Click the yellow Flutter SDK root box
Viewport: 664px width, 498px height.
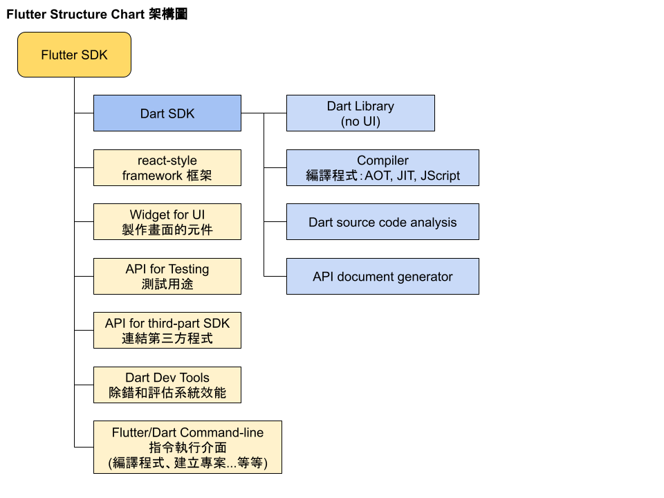[74, 55]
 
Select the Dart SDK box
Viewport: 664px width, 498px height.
[167, 113]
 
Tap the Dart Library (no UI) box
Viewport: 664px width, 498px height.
[360, 113]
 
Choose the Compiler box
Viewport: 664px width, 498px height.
[382, 167]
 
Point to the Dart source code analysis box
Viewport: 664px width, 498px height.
[382, 222]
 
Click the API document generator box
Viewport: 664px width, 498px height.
[382, 277]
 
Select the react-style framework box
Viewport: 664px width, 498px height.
[167, 167]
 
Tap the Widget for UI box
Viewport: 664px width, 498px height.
[167, 222]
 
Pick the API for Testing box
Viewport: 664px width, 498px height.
[167, 277]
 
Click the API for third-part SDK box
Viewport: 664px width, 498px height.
[167, 330]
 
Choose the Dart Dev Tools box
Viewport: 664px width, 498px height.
[167, 385]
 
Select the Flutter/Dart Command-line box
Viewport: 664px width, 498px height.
[187, 447]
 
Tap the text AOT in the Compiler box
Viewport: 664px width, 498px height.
[378, 176]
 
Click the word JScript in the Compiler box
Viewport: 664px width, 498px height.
[439, 176]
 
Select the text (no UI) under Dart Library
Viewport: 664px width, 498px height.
[360, 121]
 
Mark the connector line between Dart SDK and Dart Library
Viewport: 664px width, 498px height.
[264, 113]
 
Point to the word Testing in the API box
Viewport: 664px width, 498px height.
[189, 269]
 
